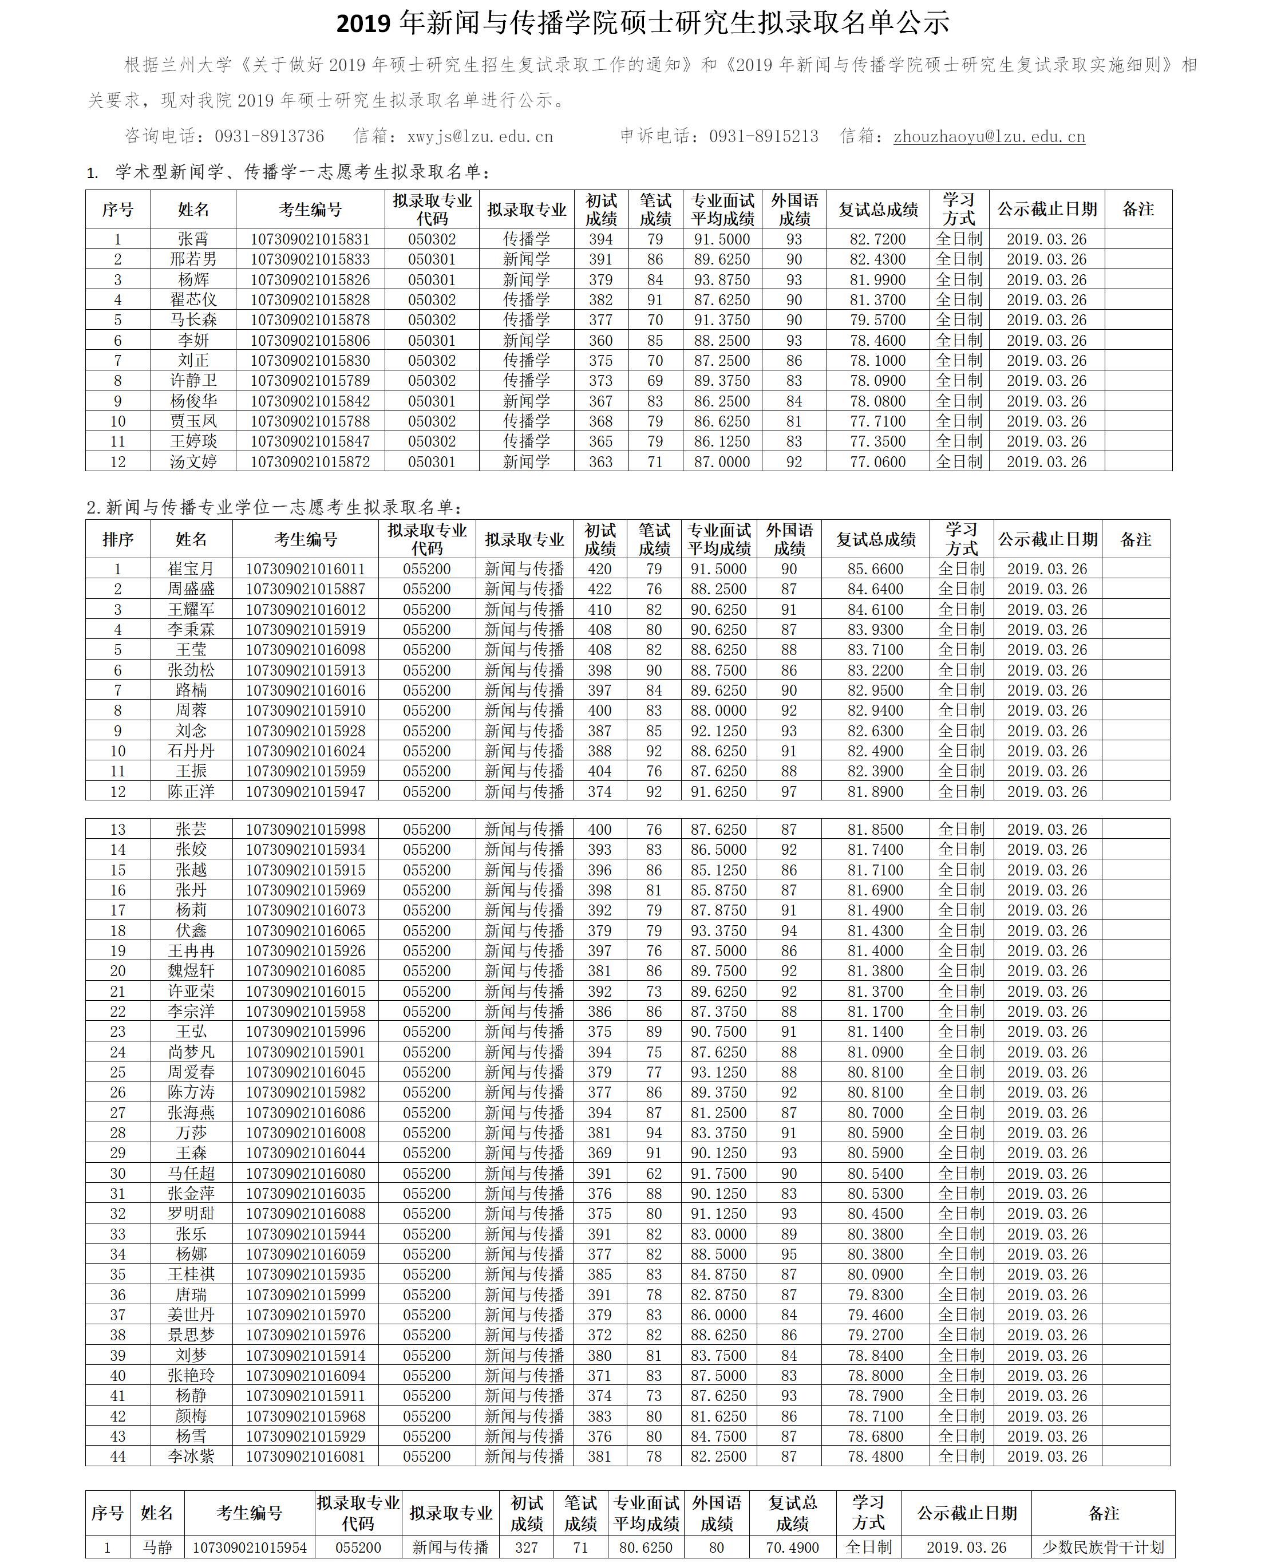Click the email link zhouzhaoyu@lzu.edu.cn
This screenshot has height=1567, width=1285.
click(989, 136)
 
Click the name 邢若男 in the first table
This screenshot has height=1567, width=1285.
click(193, 259)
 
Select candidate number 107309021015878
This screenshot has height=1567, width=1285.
click(310, 320)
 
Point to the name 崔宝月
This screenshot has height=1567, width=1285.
click(191, 569)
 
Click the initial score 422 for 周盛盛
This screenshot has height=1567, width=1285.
click(599, 589)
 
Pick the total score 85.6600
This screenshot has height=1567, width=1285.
click(876, 569)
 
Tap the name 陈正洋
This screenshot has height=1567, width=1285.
click(191, 791)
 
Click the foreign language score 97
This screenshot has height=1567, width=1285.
click(789, 791)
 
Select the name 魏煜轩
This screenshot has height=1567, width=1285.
click(191, 970)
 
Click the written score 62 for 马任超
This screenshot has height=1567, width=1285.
click(654, 1173)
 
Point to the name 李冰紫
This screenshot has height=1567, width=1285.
click(191, 1456)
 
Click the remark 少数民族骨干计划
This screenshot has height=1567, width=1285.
click(1103, 1547)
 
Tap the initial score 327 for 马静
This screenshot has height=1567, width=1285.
click(526, 1547)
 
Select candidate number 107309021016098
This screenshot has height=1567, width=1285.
click(305, 650)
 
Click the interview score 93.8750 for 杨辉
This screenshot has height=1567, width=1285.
click(722, 280)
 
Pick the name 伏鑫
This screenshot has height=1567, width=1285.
click(191, 930)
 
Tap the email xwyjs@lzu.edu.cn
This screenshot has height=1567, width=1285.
click(480, 136)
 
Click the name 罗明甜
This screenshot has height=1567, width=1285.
click(191, 1213)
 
